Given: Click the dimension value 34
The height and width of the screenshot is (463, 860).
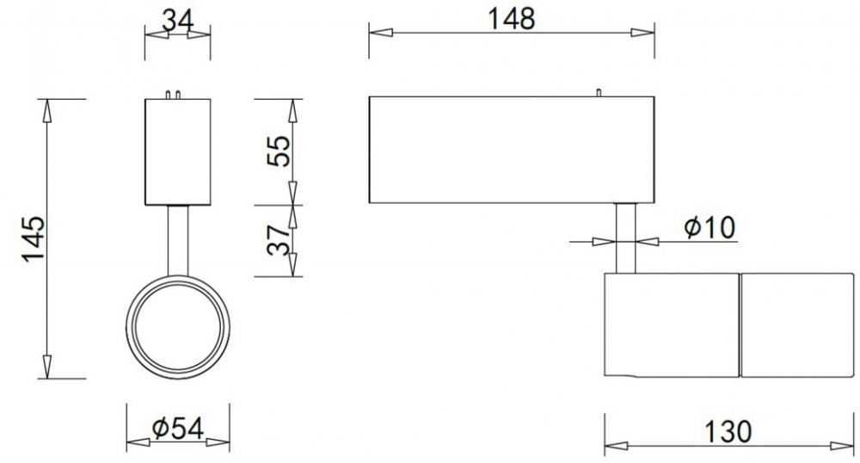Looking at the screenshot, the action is [x=178, y=22].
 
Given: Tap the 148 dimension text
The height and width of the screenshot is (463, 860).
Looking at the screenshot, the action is [x=511, y=19].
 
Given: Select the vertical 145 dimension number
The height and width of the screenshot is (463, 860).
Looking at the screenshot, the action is [x=34, y=239].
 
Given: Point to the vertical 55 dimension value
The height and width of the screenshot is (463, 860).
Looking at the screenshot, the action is [x=279, y=151].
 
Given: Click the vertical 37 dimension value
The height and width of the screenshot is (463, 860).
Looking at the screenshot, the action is [x=279, y=240].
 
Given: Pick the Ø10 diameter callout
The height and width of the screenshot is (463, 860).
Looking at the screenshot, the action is [x=709, y=227].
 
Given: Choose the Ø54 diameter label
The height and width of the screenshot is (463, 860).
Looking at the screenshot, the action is [x=178, y=429].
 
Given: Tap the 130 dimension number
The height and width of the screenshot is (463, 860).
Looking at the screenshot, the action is [x=728, y=432].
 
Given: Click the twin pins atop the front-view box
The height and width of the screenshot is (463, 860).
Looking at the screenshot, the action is [x=173, y=95].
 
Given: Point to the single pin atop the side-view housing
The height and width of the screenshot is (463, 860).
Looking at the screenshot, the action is [x=599, y=93].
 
